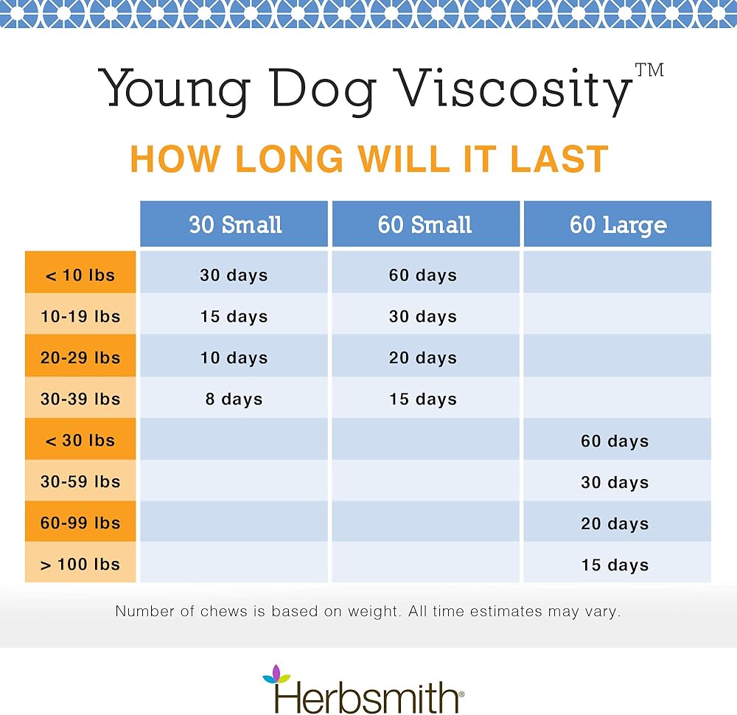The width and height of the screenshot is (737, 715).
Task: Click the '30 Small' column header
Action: pyautogui.click(x=234, y=225)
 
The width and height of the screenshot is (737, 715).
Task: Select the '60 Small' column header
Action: pyautogui.click(x=425, y=225)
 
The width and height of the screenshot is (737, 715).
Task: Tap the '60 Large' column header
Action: pyautogui.click(x=618, y=225)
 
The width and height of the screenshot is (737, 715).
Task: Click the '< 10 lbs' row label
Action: pyautogui.click(x=80, y=276)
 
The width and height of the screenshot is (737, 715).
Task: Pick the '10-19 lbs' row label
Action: pyautogui.click(x=80, y=317)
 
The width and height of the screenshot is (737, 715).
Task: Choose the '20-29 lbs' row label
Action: pyautogui.click(x=80, y=358)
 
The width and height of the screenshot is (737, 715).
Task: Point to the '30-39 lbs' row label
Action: pyautogui.click(x=80, y=400)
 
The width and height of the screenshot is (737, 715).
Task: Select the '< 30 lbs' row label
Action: pyautogui.click(x=80, y=441)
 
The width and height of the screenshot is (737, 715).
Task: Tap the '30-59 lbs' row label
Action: pyautogui.click(x=80, y=482)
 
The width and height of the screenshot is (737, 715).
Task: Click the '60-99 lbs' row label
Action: pyautogui.click(x=80, y=523)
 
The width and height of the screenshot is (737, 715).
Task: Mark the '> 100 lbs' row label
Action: pyautogui.click(x=80, y=565)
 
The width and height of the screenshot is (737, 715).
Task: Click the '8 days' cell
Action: pyautogui.click(x=234, y=400)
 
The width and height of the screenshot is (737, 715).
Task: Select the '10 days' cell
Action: pyautogui.click(x=234, y=358)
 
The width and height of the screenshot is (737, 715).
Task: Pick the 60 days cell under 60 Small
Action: pyautogui.click(x=423, y=276)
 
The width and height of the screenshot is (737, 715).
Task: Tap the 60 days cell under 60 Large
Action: pyautogui.click(x=615, y=442)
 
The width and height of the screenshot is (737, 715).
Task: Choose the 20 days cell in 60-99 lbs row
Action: pyautogui.click(x=615, y=524)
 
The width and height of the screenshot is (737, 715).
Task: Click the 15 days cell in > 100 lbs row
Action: pyautogui.click(x=615, y=565)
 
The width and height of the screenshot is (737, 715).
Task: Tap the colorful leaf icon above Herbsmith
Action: pyautogui.click(x=276, y=672)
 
